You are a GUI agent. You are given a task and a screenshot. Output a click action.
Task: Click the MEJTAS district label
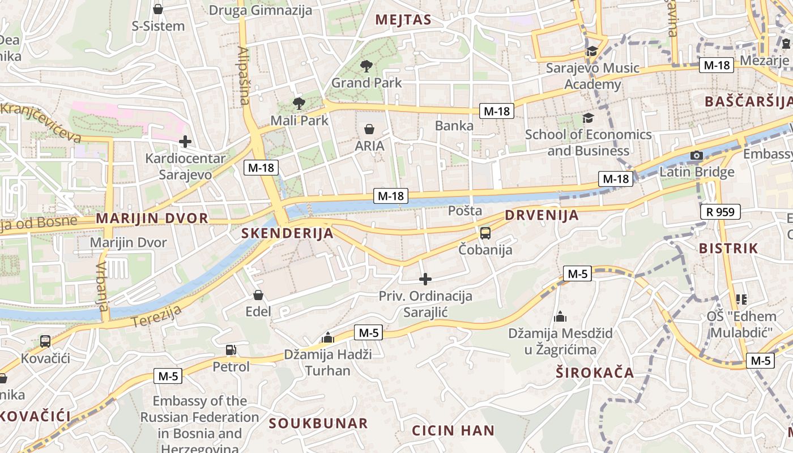(x=403, y=20)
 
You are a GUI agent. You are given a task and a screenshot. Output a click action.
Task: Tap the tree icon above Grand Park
(x=366, y=66)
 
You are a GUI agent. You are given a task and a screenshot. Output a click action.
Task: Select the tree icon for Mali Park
(x=299, y=103)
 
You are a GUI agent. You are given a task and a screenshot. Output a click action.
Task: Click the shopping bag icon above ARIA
(x=369, y=129)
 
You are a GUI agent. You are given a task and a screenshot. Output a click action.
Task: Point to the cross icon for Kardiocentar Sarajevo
(x=185, y=142)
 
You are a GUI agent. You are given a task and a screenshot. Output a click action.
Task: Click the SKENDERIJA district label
(x=287, y=233)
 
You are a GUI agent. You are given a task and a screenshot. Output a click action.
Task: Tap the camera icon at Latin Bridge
(x=697, y=155)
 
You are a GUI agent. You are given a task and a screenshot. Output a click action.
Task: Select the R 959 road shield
(x=720, y=212)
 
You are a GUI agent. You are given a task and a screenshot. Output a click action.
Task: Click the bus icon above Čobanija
(x=485, y=233)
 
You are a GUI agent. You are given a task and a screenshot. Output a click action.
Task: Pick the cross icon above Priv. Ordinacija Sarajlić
(x=425, y=279)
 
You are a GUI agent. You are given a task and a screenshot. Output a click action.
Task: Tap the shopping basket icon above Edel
(x=258, y=295)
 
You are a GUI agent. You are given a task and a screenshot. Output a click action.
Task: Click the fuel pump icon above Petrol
(x=231, y=350)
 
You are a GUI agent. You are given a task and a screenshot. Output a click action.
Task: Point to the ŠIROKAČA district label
(x=595, y=373)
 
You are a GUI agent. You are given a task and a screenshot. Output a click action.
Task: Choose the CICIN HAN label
(x=453, y=430)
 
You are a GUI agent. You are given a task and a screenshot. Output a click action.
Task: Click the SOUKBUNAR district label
(x=318, y=423)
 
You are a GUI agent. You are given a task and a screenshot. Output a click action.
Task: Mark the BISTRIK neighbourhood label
(x=728, y=248)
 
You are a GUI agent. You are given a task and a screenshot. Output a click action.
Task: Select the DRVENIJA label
(x=542, y=215)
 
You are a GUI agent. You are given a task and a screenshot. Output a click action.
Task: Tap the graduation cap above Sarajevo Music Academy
(x=592, y=51)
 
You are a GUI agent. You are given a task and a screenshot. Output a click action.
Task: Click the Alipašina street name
(x=244, y=76)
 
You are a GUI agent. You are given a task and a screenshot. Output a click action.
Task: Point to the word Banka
(x=454, y=126)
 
